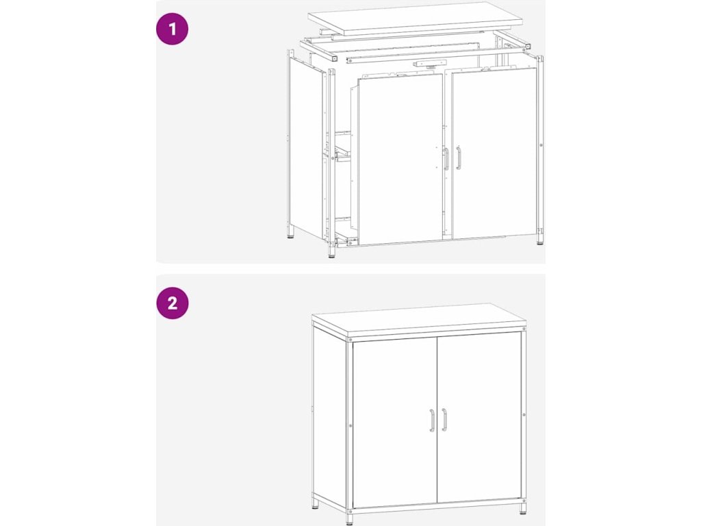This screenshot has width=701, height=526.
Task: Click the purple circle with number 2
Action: (x=172, y=303)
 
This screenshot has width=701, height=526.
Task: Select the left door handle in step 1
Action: (x=446, y=159)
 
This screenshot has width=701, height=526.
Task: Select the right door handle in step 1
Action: (x=458, y=158)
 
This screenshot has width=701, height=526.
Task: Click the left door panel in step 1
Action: (x=400, y=159)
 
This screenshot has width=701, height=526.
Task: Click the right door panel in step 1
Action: (x=494, y=153)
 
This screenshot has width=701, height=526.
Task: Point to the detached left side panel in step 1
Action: (x=307, y=148)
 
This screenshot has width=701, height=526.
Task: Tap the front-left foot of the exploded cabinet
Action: (x=331, y=252)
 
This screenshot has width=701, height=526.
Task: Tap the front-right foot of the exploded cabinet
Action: (x=540, y=239)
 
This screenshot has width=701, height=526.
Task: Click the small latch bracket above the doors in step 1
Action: (x=430, y=64)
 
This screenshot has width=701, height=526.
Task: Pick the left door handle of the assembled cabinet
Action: (x=433, y=421)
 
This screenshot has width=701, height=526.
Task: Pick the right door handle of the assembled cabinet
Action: (x=444, y=420)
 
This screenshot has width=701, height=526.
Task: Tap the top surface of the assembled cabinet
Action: (x=418, y=318)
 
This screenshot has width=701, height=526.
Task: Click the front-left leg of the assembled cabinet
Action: (x=349, y=518)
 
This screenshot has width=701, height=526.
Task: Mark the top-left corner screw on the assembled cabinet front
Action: (x=350, y=341)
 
